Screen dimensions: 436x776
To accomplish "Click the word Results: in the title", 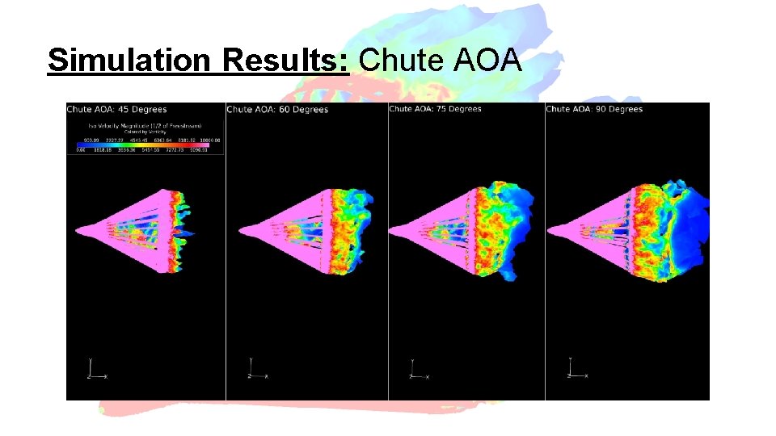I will click(286, 60).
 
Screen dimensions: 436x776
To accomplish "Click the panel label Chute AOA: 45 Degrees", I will click(116, 109).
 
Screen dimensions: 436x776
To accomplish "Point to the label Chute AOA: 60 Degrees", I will click(277, 109).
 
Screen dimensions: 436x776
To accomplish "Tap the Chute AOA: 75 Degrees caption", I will click(435, 109).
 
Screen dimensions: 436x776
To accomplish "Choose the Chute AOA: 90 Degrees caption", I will click(594, 109).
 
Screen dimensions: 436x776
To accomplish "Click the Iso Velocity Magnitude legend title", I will click(145, 126).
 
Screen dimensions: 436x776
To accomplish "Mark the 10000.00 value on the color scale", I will click(212, 140).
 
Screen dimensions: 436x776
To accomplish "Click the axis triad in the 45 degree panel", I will click(95, 370).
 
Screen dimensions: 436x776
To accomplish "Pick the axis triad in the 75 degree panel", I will click(416, 370).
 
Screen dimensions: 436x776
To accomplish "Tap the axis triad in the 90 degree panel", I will click(576, 370).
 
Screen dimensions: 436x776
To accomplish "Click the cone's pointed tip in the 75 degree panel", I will click(391, 232).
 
